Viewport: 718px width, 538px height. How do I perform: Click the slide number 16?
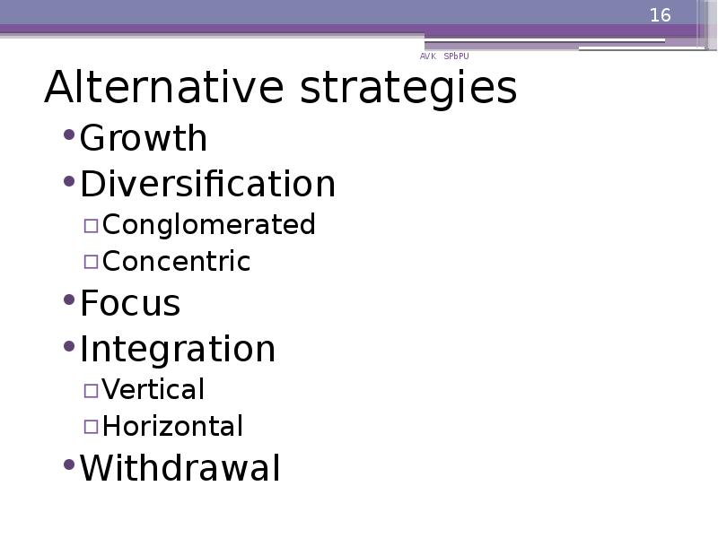pyautogui.click(x=660, y=15)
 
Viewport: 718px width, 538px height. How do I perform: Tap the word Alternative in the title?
pyautogui.click(x=163, y=88)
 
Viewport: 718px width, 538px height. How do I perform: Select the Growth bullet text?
pyautogui.click(x=144, y=139)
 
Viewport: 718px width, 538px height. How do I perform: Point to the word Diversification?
pyautogui.click(x=207, y=184)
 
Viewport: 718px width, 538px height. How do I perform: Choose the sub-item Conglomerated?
pyautogui.click(x=209, y=224)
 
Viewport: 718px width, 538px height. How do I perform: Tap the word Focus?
pyautogui.click(x=130, y=303)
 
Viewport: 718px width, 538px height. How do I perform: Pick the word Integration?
pyautogui.click(x=178, y=349)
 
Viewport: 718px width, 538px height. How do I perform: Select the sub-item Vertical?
pyautogui.click(x=153, y=389)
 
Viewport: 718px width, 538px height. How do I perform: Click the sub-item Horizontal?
pyautogui.click(x=172, y=427)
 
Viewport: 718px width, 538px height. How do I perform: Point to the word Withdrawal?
pyautogui.click(x=180, y=468)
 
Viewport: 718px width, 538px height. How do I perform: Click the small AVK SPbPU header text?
pyautogui.click(x=444, y=56)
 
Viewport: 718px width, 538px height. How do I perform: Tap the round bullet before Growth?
pyautogui.click(x=69, y=135)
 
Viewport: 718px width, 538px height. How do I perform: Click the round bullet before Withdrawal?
pyautogui.click(x=69, y=465)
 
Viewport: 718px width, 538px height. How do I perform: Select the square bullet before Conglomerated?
pyautogui.click(x=92, y=225)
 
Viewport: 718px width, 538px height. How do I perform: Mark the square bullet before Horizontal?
pyautogui.click(x=92, y=428)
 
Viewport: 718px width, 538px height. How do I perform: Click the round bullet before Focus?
pyautogui.click(x=69, y=300)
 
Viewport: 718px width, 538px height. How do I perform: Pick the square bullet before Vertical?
pyautogui.click(x=92, y=390)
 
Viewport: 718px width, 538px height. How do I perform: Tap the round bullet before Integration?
pyautogui.click(x=69, y=345)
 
